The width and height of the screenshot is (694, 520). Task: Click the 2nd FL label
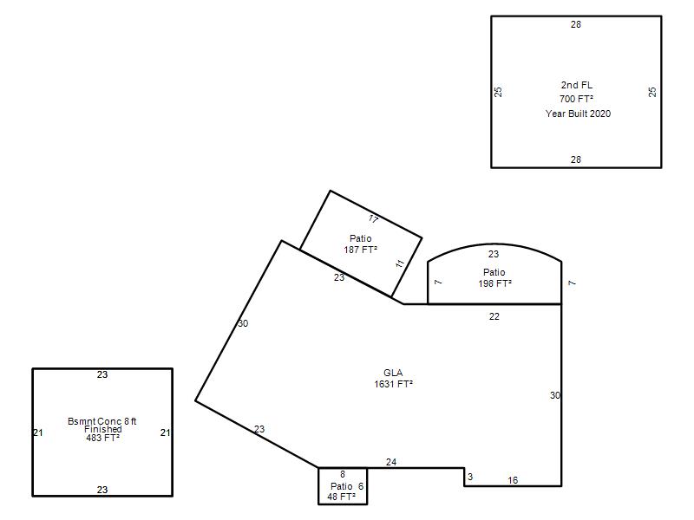pyautogui.click(x=576, y=85)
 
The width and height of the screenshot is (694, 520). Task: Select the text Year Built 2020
pyautogui.click(x=578, y=114)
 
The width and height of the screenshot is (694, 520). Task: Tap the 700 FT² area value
pyautogui.click(x=576, y=99)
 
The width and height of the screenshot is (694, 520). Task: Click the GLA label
pyautogui.click(x=393, y=373)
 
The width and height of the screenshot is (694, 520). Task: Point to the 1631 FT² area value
pyautogui.click(x=393, y=384)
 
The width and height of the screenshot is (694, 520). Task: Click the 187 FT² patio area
pyautogui.click(x=360, y=250)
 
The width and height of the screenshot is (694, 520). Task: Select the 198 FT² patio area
pyautogui.click(x=494, y=283)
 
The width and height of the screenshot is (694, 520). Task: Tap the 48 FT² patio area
pyautogui.click(x=341, y=497)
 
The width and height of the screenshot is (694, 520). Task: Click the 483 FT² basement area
pyautogui.click(x=102, y=438)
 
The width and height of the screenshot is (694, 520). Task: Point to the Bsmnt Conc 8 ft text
pyautogui.click(x=101, y=421)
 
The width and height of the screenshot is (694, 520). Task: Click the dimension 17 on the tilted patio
pyautogui.click(x=373, y=219)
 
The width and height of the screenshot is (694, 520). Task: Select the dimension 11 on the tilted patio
pyautogui.click(x=400, y=263)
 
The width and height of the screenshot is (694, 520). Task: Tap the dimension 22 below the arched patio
pyautogui.click(x=494, y=316)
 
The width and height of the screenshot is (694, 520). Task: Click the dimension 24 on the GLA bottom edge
pyautogui.click(x=391, y=462)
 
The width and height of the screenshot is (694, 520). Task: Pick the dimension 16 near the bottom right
pyautogui.click(x=513, y=480)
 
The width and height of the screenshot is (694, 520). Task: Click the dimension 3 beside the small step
pyautogui.click(x=470, y=477)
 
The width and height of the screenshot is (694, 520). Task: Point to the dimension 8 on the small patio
pyautogui.click(x=342, y=474)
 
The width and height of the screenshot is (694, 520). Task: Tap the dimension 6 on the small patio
pyautogui.click(x=361, y=486)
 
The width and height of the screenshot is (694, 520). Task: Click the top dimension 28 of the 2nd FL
pyautogui.click(x=575, y=25)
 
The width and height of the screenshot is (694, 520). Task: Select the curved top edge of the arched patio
pyautogui.click(x=494, y=244)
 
